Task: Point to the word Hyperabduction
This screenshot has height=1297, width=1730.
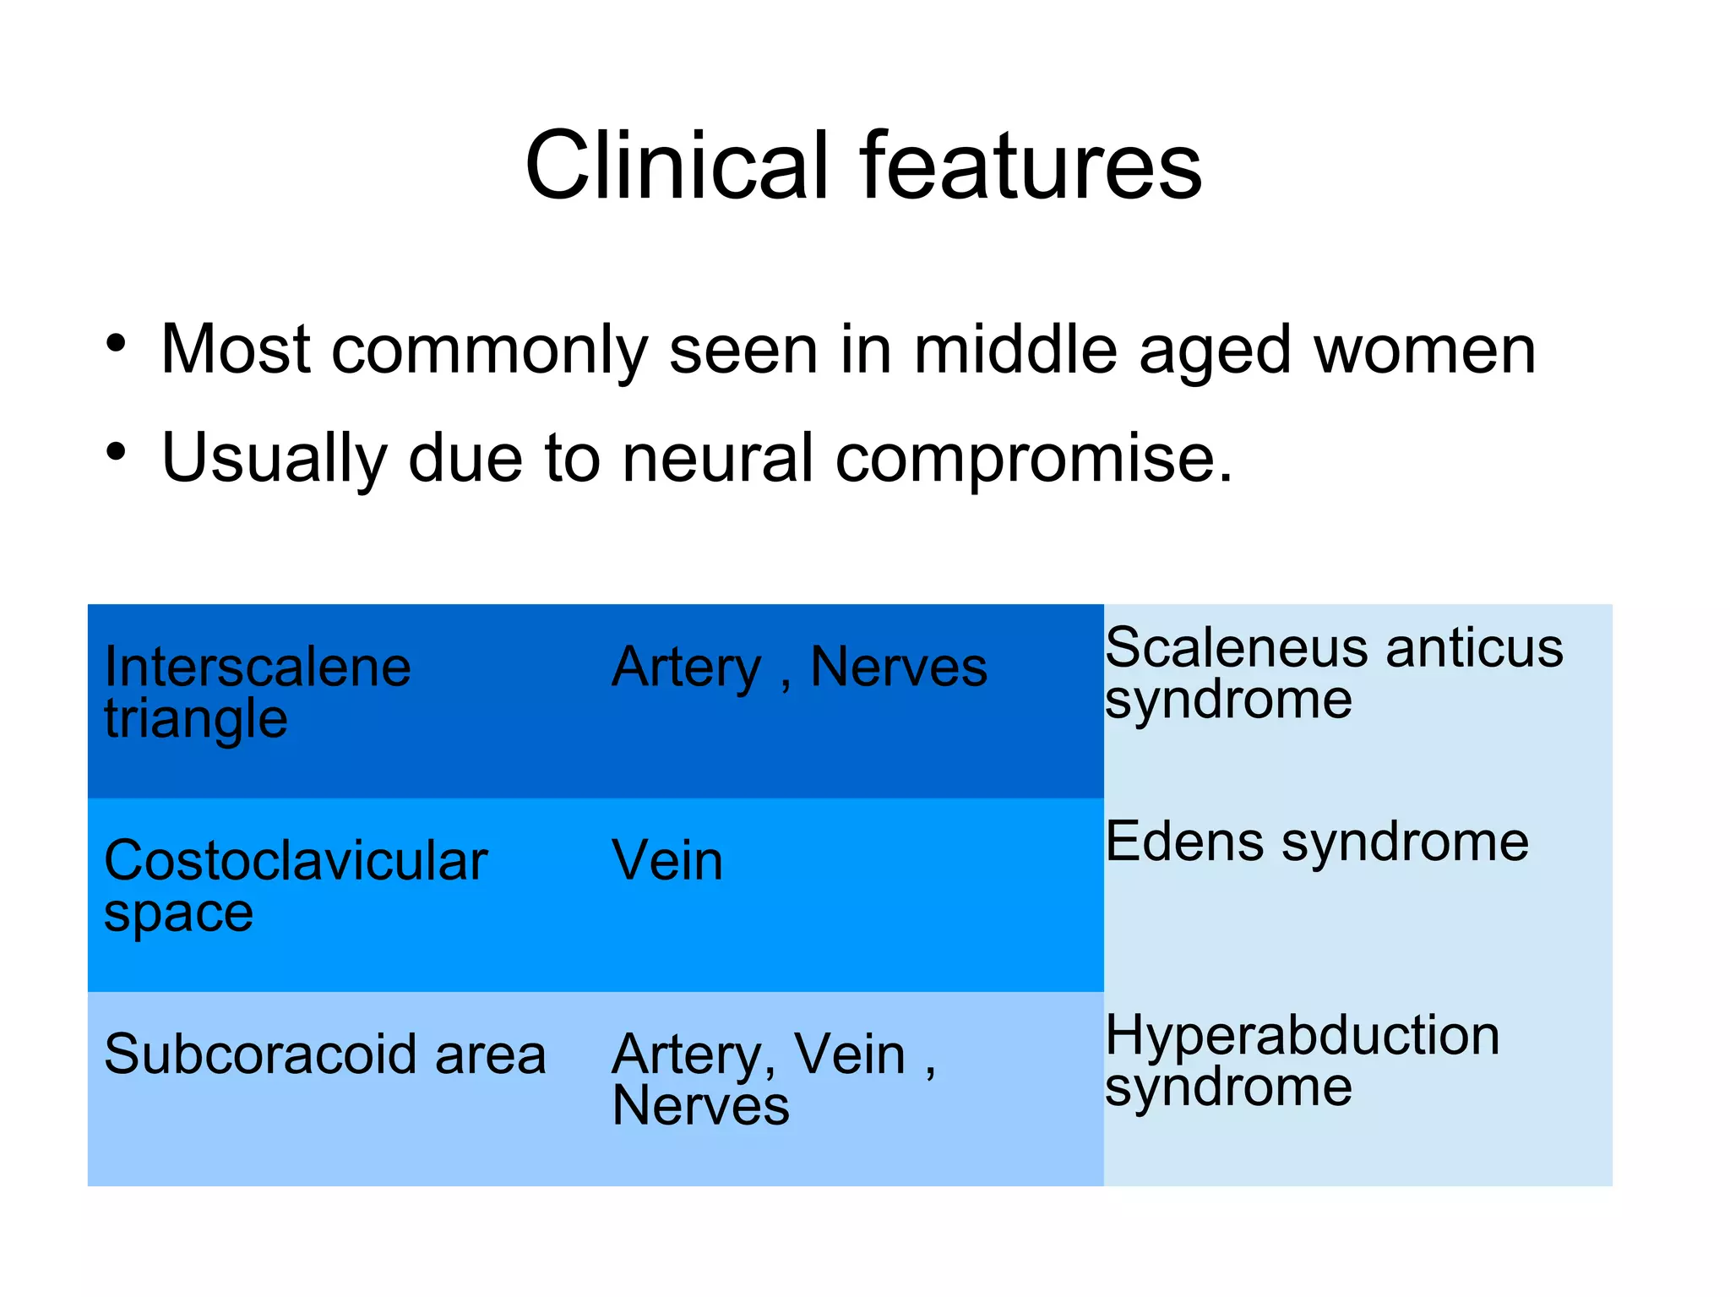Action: [x=1302, y=1036]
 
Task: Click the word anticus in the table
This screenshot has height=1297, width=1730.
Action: [x=1474, y=648]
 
